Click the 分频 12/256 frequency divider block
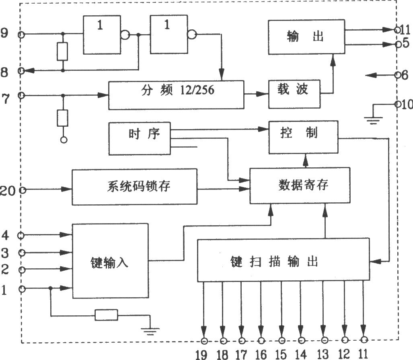(x=176, y=95)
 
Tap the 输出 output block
(x=306, y=37)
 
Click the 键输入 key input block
(x=110, y=261)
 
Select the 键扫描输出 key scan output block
(x=283, y=260)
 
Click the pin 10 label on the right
(x=407, y=104)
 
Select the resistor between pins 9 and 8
(x=62, y=52)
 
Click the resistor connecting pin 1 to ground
(x=106, y=315)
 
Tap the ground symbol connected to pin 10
(x=373, y=120)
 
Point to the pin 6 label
(x=405, y=75)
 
